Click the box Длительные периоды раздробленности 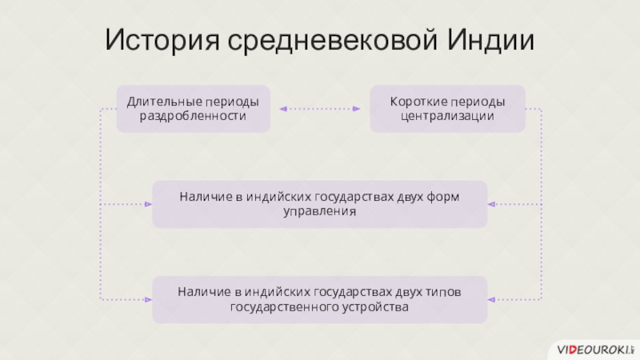click(x=194, y=109)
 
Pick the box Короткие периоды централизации click(x=447, y=109)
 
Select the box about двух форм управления click(x=319, y=204)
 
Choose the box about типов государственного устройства click(x=319, y=299)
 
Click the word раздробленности click(x=194, y=117)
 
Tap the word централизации click(x=447, y=117)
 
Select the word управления click(x=319, y=212)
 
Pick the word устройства click(x=376, y=307)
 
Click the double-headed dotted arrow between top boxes click(x=319, y=109)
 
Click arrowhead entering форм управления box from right click(x=492, y=204)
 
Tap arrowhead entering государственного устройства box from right click(x=492, y=299)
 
